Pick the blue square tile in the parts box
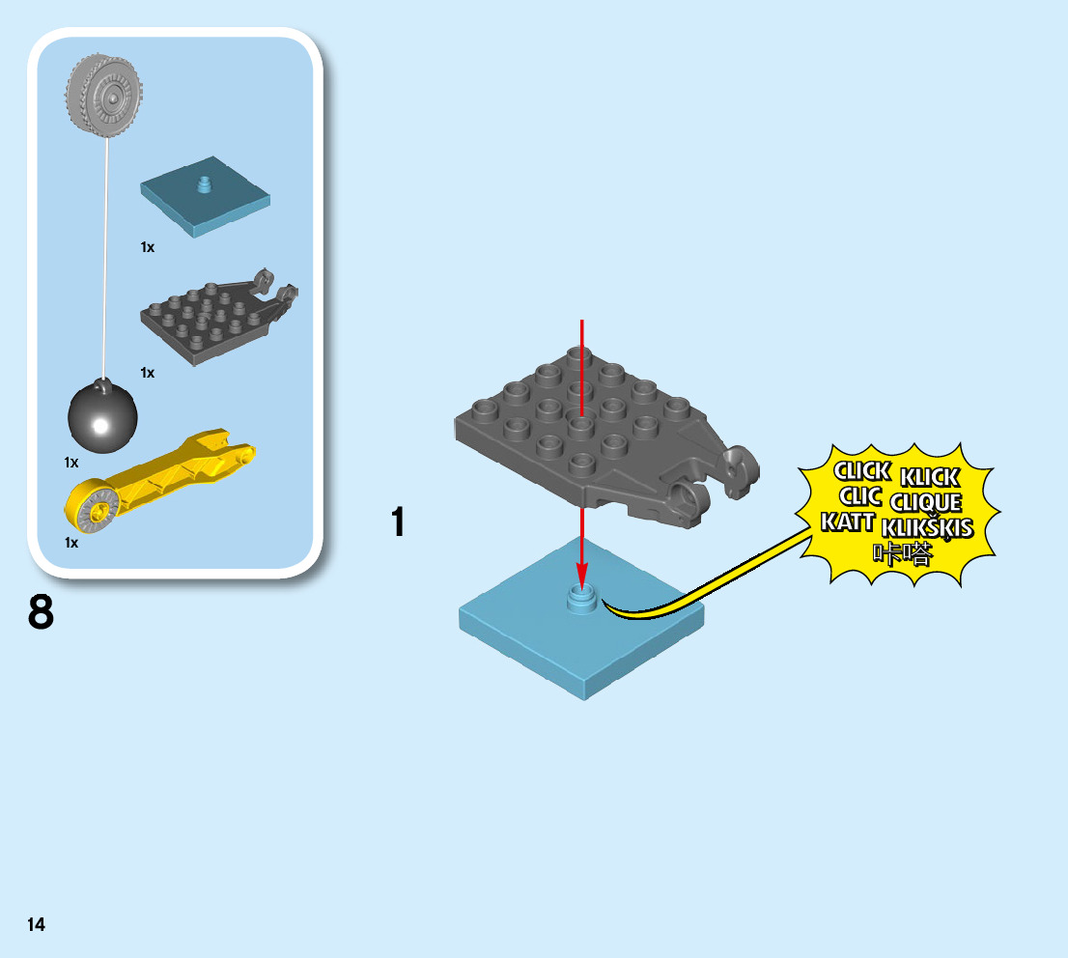pos(205,195)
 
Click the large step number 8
pos(41,613)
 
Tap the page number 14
pos(36,925)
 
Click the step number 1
pos(397,522)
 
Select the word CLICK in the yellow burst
pos(861,472)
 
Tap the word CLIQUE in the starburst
pos(926,503)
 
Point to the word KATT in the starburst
pos(848,522)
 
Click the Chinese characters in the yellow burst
pos(903,553)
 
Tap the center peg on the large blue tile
pos(581,597)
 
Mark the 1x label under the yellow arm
pos(71,543)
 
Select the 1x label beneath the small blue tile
pos(147,247)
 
